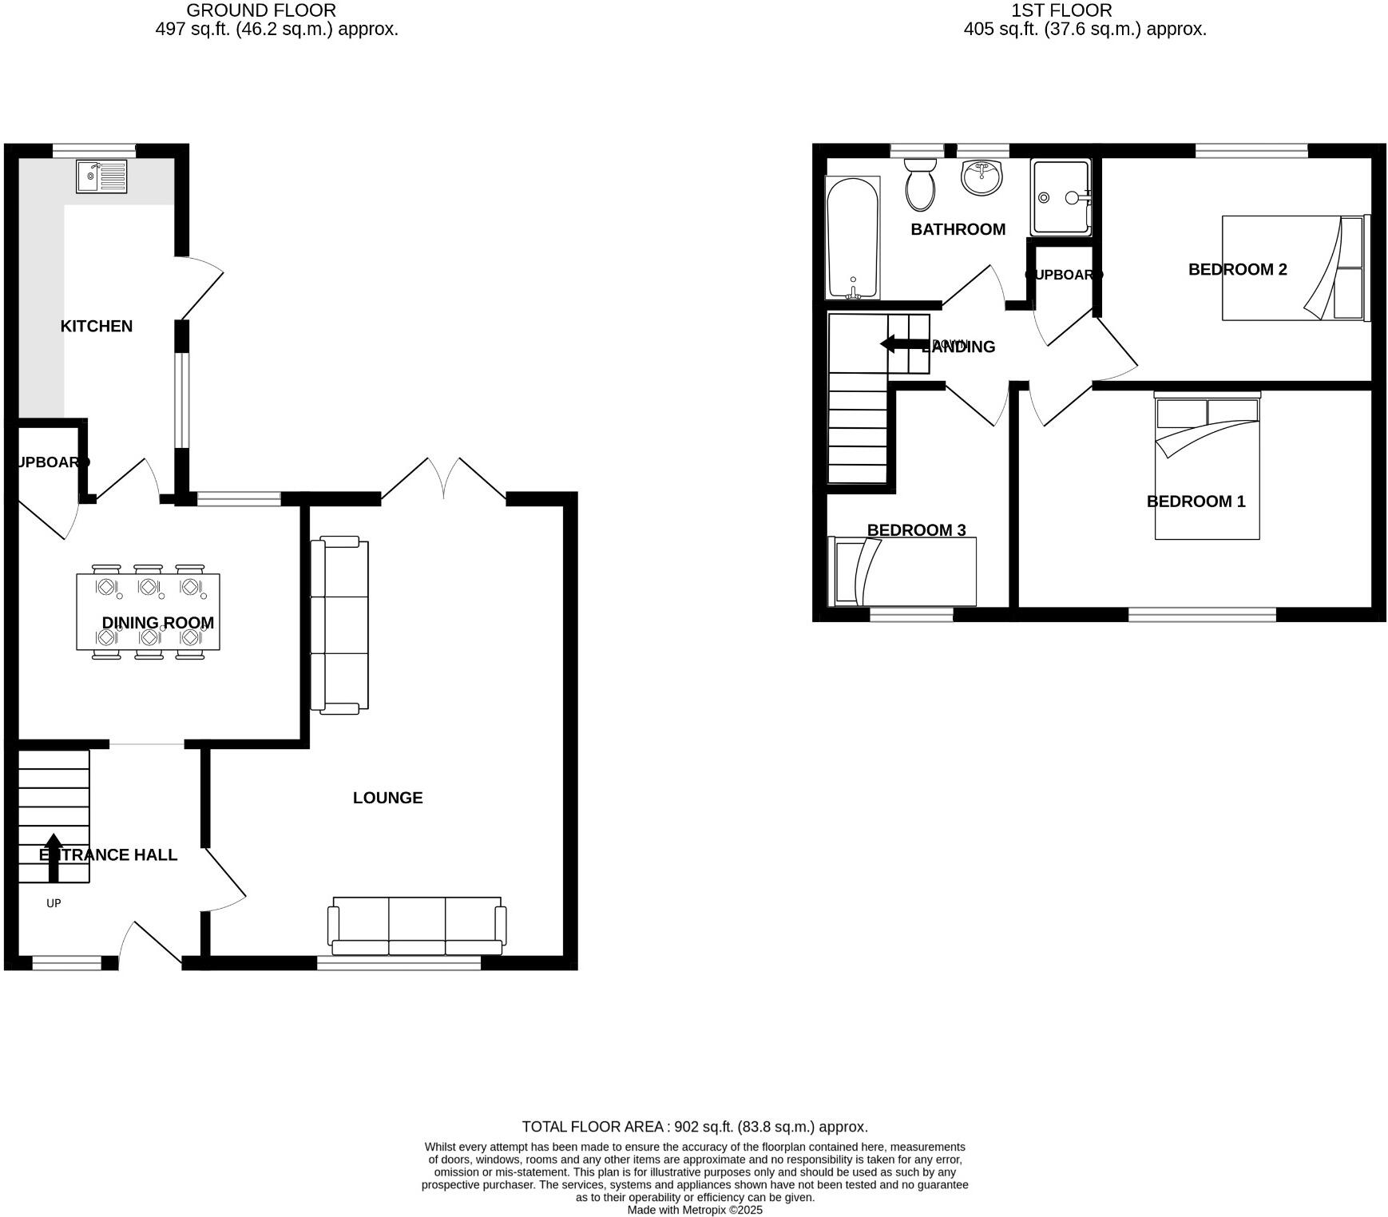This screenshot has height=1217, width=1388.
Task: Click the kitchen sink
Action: coord(101,176)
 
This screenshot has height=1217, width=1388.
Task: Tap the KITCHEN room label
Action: coord(97,326)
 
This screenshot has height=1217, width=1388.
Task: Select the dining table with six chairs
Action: coord(148,612)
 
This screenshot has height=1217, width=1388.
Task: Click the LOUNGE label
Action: coord(387,797)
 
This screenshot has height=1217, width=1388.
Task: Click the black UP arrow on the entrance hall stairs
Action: coord(54,857)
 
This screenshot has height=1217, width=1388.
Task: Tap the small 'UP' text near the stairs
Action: coord(54,903)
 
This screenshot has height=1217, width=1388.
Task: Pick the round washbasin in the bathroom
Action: coord(982,177)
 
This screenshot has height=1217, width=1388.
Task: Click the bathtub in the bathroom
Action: coord(853,237)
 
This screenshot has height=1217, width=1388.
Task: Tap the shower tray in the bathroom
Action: coord(1060,197)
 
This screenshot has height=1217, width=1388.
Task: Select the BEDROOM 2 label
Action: coord(1237,269)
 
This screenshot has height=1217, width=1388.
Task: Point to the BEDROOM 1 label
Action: coord(1196,501)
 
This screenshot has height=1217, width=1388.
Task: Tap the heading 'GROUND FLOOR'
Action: coord(261,10)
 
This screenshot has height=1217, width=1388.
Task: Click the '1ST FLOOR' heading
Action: coord(1061,10)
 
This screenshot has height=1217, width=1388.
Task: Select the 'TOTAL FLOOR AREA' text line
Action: coord(694,1127)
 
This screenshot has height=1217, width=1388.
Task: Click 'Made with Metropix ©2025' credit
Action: coord(694,1210)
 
